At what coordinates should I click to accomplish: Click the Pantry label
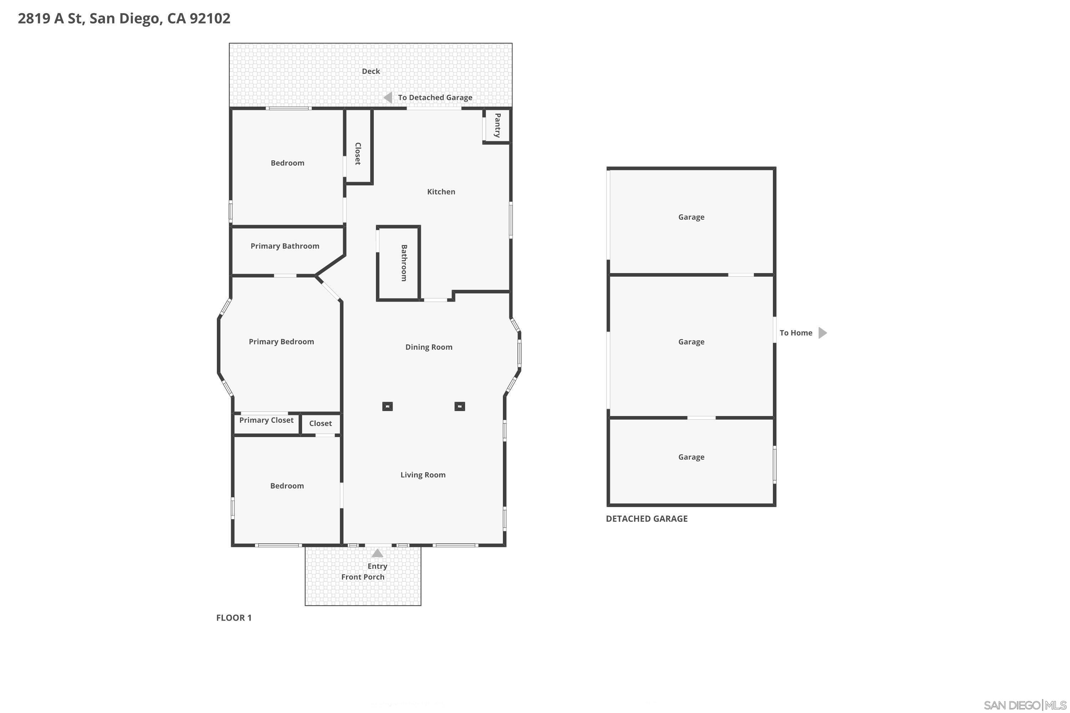(497, 125)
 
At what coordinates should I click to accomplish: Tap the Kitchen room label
(441, 192)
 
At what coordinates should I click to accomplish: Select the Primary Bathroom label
(285, 246)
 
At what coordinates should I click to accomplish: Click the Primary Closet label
(266, 420)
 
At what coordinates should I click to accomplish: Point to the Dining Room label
(429, 347)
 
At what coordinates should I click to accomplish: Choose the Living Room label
(423, 475)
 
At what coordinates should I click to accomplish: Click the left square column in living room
(387, 406)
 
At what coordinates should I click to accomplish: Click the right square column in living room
(459, 406)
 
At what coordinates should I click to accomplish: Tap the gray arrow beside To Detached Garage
(388, 97)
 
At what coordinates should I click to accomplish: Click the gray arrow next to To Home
(822, 333)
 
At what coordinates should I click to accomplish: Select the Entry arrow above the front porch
(377, 553)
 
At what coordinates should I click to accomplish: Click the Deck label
(371, 71)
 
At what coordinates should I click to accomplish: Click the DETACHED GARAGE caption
(646, 519)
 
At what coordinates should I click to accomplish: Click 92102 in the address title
(210, 19)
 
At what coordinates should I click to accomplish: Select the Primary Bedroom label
(281, 342)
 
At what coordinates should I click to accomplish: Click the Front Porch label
(363, 577)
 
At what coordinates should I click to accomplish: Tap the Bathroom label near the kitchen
(403, 263)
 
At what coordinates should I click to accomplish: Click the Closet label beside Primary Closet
(320, 424)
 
